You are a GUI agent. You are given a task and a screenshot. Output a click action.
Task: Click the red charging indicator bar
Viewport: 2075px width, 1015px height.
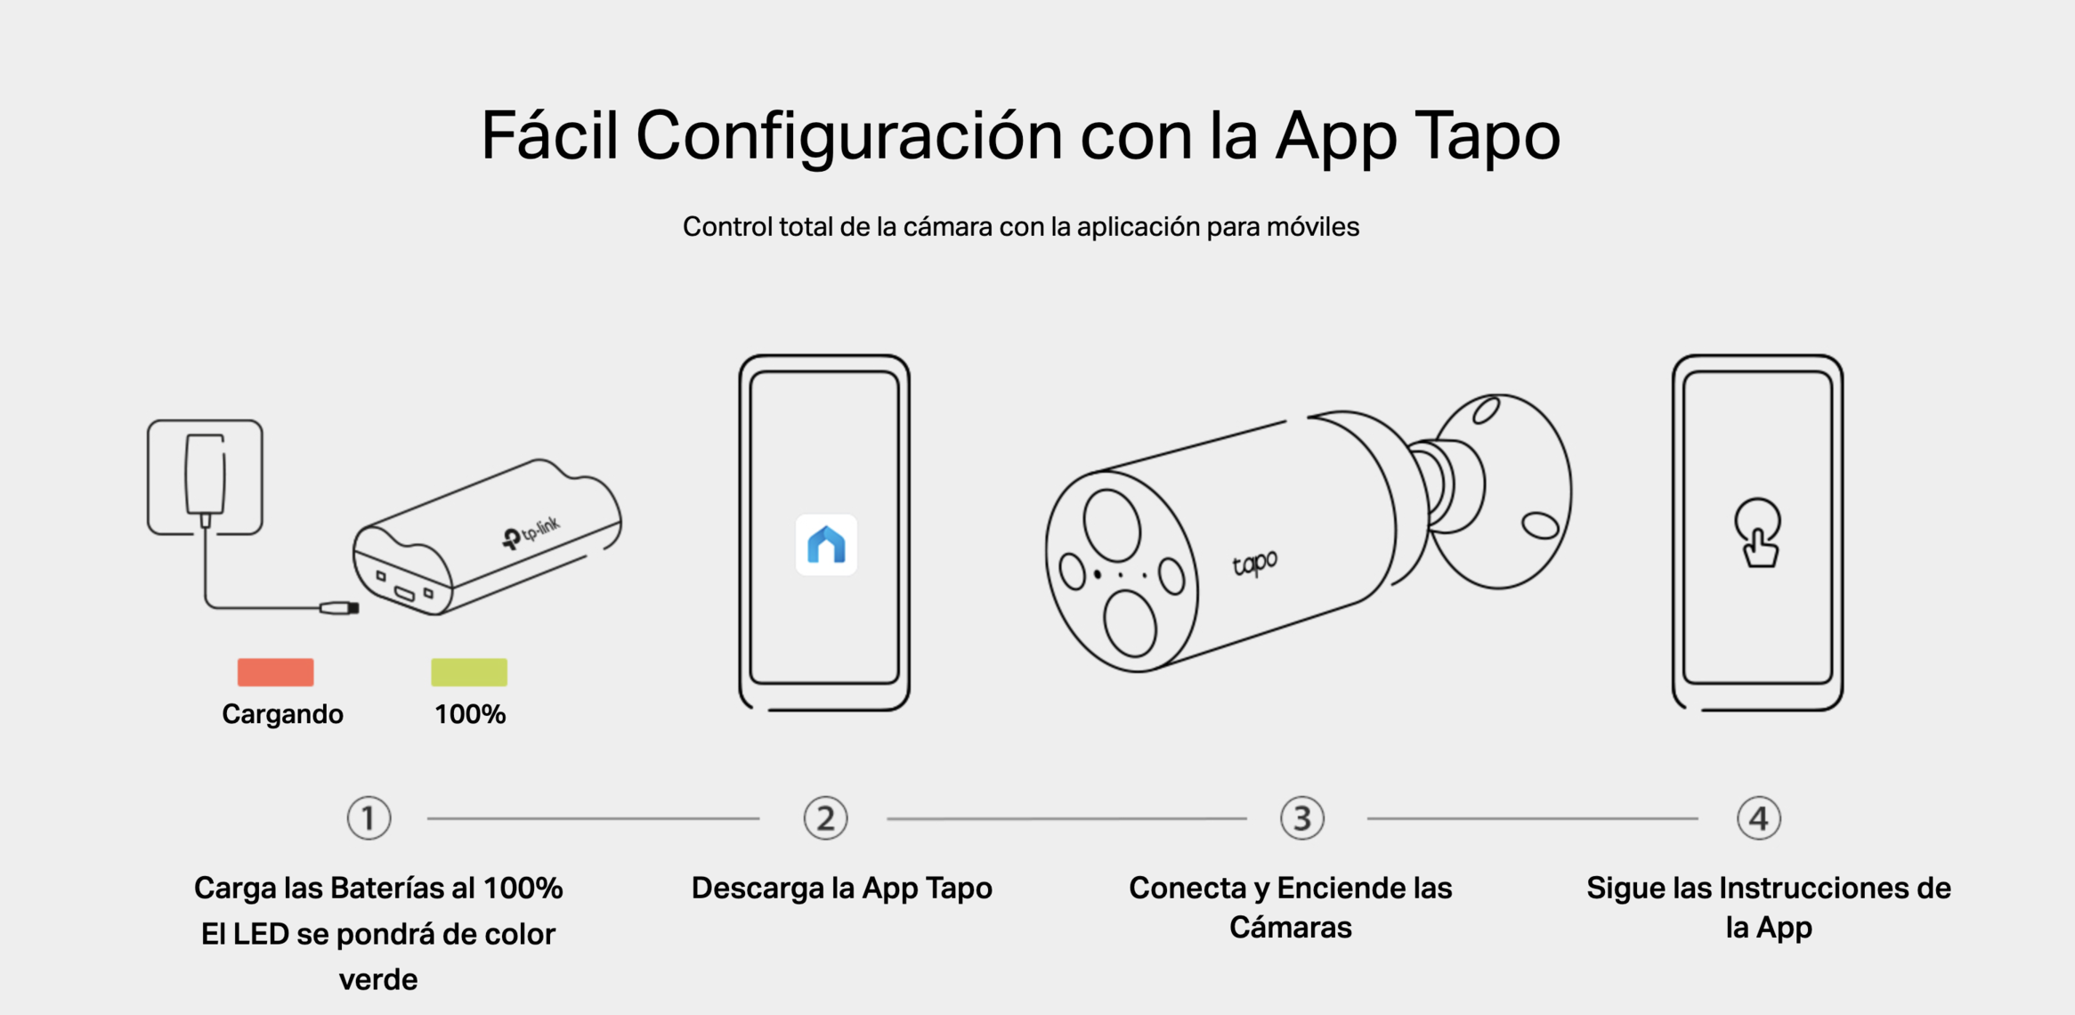[275, 672]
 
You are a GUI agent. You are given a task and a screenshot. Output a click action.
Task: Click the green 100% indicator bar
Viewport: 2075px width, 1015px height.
[469, 672]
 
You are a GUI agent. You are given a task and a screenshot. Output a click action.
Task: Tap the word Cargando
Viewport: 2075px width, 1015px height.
[282, 715]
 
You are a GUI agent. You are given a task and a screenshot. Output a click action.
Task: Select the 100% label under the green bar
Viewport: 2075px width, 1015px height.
[470, 714]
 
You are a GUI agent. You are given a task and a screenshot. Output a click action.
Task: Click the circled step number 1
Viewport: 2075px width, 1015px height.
[369, 818]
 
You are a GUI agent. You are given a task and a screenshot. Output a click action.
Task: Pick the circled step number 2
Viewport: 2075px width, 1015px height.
[825, 818]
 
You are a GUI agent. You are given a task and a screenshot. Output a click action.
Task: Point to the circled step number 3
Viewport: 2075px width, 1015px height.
[1302, 818]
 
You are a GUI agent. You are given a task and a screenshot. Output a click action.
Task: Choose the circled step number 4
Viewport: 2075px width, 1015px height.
[1759, 818]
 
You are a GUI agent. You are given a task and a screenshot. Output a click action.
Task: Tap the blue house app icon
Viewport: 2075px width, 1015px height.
[826, 545]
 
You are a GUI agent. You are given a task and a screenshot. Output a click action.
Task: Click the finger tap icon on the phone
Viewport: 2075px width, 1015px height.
[1758, 532]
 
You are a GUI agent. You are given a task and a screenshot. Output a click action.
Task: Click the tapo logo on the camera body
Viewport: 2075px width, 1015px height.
[1255, 564]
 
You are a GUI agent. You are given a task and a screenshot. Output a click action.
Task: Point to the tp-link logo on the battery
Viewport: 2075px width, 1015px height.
[531, 532]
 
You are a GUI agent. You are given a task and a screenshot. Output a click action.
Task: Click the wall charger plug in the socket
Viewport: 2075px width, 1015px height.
[205, 477]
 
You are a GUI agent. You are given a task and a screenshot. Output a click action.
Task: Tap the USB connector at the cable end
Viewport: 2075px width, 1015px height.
[339, 608]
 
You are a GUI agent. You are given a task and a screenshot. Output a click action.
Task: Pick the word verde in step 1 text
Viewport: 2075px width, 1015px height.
[378, 979]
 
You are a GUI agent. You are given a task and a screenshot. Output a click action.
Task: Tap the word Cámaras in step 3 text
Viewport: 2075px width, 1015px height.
[1290, 927]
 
